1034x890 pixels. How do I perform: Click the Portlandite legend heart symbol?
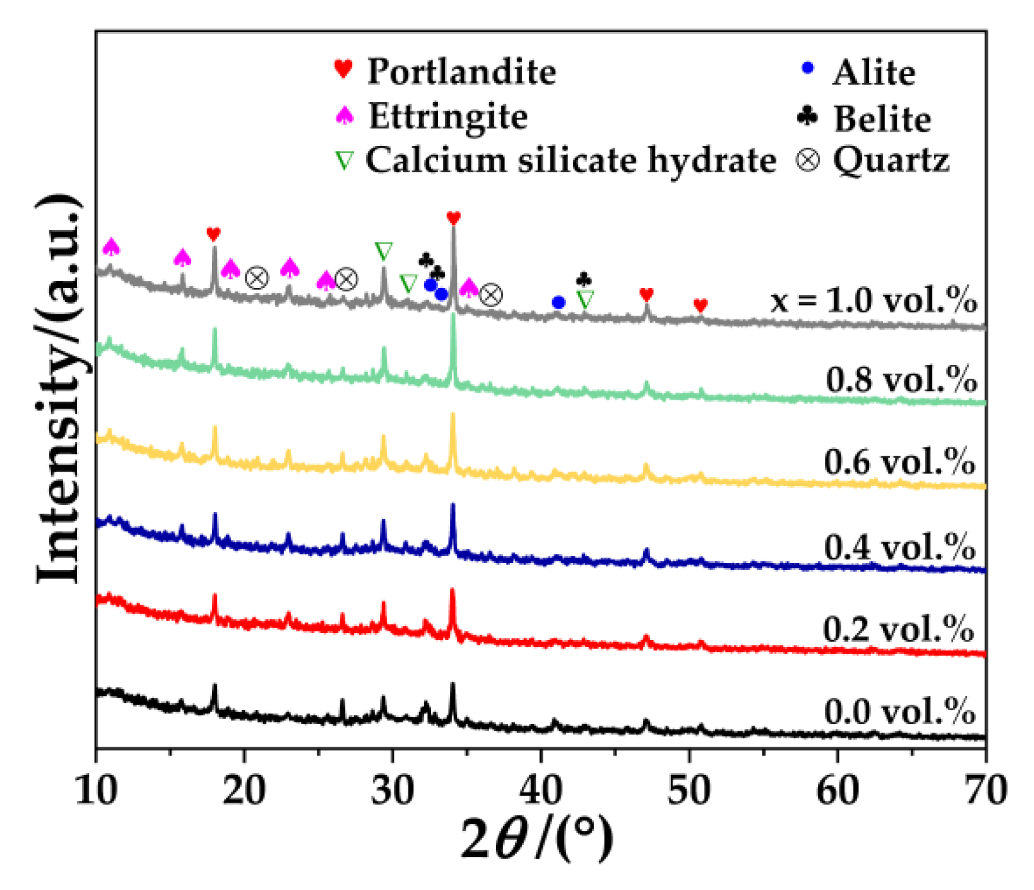[344, 68]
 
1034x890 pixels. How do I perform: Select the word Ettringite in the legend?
[448, 116]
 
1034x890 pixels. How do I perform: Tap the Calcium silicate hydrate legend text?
[570, 160]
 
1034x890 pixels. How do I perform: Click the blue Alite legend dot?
[808, 67]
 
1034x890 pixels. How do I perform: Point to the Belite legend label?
[882, 119]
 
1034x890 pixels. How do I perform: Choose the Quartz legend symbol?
[808, 160]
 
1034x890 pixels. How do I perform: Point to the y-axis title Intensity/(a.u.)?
[59, 389]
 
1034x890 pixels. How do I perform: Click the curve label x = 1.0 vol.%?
[873, 300]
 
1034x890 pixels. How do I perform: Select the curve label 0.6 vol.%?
[899, 462]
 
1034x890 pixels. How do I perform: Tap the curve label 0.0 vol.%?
[899, 711]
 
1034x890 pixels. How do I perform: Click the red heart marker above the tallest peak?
[453, 218]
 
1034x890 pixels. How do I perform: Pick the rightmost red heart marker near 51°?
[701, 305]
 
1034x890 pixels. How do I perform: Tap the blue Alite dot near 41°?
[558, 302]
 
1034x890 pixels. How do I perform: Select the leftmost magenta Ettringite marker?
[111, 247]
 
